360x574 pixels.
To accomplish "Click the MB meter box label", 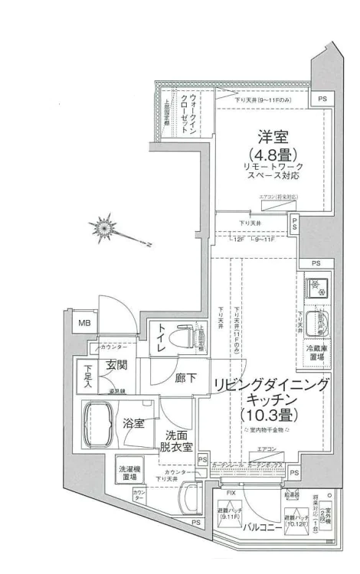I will coord(82,324).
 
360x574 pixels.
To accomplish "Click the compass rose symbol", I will coord(103,227).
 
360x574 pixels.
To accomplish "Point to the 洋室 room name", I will coord(272,139).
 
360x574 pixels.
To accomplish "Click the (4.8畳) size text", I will coord(272,156).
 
